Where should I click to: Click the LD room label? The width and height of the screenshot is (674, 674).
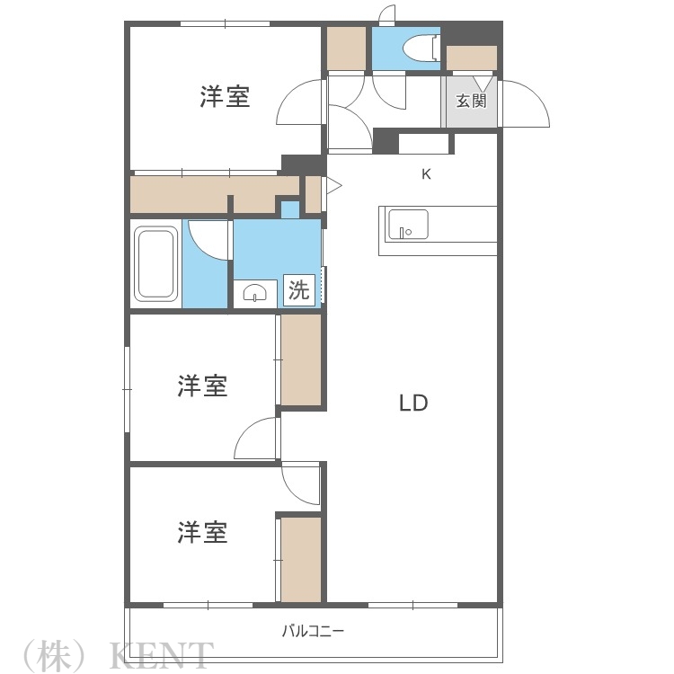413,404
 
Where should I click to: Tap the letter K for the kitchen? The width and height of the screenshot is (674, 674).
427,174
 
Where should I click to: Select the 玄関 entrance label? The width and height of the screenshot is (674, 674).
470,101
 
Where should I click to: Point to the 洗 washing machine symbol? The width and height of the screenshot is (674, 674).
299,290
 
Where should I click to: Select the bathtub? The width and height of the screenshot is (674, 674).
156,264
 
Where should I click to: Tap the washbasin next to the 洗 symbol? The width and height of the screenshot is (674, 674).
255,293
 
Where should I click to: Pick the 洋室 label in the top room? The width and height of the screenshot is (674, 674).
225,96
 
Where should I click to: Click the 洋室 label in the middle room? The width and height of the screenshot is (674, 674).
202,386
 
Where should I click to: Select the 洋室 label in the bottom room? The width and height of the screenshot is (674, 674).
202,532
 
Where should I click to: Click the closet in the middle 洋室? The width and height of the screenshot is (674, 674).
300,359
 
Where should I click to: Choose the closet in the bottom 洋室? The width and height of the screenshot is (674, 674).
300,559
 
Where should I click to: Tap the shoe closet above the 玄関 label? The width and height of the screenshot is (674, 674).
472,58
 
